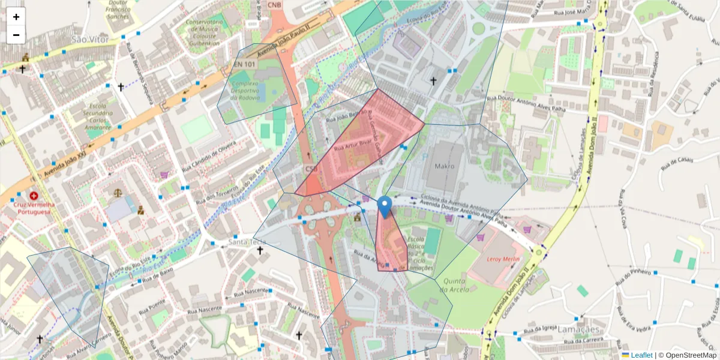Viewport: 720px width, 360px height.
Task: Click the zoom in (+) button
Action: (16, 17)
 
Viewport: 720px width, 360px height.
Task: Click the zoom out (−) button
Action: (16, 35)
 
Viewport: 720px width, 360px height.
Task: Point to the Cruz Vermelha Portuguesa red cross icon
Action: (34, 196)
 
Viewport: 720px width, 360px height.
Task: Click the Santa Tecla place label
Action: (246, 242)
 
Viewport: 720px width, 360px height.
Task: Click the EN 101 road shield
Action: (245, 64)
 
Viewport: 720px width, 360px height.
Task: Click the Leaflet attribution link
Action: (641, 355)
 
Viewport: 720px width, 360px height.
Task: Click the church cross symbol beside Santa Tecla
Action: (260, 250)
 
